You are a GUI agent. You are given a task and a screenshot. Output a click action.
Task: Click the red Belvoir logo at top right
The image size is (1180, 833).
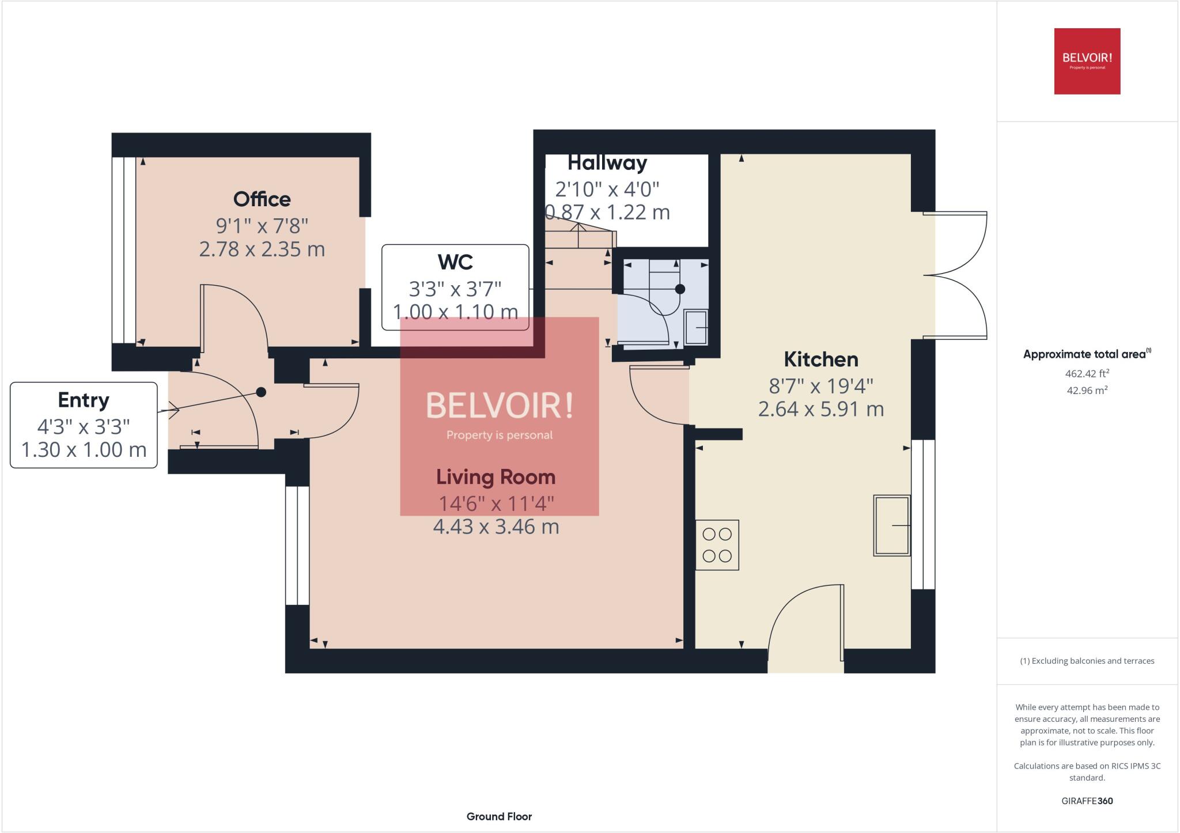click(x=1087, y=61)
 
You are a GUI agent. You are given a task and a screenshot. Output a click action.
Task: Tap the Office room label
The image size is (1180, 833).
click(x=262, y=199)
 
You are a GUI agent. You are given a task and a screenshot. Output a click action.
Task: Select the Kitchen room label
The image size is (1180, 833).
click(x=820, y=359)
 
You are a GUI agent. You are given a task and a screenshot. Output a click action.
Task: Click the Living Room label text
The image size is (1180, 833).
click(x=496, y=477)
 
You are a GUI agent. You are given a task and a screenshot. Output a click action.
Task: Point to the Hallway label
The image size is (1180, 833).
click(x=607, y=163)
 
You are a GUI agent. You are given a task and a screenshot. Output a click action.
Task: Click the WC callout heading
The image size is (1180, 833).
click(x=455, y=262)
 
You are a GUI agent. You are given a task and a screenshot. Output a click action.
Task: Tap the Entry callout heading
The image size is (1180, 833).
click(x=84, y=400)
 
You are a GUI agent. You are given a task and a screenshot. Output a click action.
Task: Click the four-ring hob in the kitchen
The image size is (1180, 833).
click(x=717, y=545)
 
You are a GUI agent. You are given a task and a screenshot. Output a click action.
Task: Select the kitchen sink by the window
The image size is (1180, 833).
click(x=891, y=525)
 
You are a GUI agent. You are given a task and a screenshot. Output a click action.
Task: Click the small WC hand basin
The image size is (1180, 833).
click(x=696, y=327)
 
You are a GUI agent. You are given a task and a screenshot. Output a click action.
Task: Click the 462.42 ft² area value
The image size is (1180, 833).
click(x=1087, y=373)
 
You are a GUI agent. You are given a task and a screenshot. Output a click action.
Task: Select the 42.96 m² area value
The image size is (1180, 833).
click(x=1087, y=390)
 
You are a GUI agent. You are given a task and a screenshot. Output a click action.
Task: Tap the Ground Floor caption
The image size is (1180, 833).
click(x=499, y=816)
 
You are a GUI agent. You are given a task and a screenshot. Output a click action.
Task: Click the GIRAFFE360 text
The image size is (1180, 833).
click(x=1087, y=801)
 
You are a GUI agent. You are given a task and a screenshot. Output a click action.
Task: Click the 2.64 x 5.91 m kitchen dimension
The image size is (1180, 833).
click(x=820, y=409)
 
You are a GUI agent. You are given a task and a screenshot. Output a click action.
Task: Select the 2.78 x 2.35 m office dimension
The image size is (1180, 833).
click(x=262, y=249)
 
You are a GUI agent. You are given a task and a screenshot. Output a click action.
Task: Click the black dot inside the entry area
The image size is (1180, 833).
click(x=261, y=392)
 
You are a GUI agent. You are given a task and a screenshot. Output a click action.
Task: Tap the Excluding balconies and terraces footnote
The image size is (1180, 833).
click(x=1087, y=661)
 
